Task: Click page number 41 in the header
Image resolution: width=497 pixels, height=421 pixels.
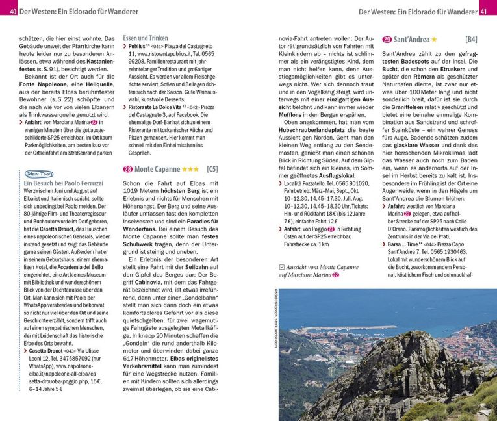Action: (483, 12)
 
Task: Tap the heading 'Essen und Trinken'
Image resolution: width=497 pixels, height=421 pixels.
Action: (145, 39)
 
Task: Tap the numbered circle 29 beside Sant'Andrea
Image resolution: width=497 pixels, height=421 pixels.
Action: (387, 40)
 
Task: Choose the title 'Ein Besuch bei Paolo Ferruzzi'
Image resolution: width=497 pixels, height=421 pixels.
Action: (63, 184)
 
